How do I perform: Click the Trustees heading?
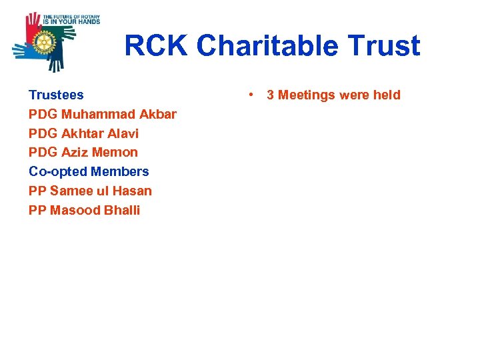(x=56, y=95)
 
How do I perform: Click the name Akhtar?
(x=82, y=133)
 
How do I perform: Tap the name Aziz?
(x=75, y=153)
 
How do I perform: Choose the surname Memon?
(x=115, y=153)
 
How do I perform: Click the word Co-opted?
(x=57, y=172)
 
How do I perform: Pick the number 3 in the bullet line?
(x=271, y=95)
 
